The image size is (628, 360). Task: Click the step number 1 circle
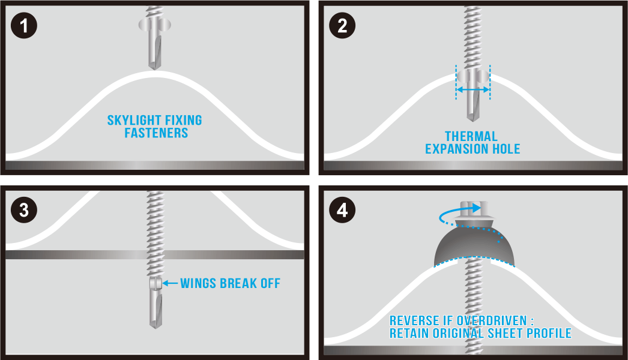tap(24, 26)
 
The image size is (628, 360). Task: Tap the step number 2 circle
tap(342, 26)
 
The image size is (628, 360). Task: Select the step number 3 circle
tap(24, 210)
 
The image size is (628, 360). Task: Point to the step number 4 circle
tap(342, 210)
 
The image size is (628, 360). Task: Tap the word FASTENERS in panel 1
tap(156, 133)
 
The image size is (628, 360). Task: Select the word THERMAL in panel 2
tap(471, 136)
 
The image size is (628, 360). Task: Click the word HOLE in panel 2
tap(506, 149)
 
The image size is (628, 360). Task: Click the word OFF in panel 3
tap(270, 284)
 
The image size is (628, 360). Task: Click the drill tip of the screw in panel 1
tap(154, 66)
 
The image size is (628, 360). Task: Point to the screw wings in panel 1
tap(154, 25)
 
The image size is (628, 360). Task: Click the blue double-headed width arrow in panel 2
tap(473, 90)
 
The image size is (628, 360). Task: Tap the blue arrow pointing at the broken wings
tap(171, 283)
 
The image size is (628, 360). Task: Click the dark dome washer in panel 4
tap(474, 244)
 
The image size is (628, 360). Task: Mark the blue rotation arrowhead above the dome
tap(476, 208)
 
